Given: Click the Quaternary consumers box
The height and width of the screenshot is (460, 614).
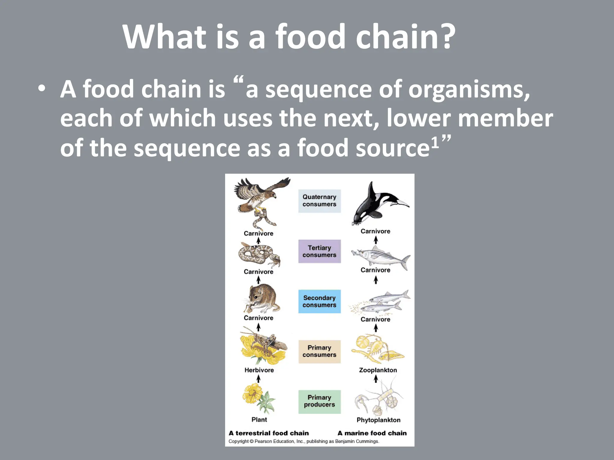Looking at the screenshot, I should click(319, 201).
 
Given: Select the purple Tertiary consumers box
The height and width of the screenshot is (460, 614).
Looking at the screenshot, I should click(319, 251).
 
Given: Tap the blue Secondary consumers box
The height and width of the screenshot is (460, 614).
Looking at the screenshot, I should click(319, 301).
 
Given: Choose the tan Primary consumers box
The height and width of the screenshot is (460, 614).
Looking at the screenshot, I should click(319, 351).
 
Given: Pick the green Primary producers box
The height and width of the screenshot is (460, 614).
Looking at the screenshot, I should click(319, 401).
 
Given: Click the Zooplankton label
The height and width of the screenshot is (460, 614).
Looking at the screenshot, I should click(378, 370).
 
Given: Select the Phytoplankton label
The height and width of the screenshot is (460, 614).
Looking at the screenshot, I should click(378, 420).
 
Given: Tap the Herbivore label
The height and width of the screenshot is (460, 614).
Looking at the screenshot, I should click(259, 370).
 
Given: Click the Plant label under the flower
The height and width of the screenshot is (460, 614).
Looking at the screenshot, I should click(259, 420).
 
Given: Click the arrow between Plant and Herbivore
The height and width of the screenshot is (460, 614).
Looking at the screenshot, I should click(258, 379).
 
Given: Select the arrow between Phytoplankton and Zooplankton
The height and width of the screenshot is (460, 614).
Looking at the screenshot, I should click(376, 379).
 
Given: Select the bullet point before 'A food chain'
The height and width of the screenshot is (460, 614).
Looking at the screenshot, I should click(42, 89).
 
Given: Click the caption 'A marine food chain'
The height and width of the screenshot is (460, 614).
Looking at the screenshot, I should click(372, 433).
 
